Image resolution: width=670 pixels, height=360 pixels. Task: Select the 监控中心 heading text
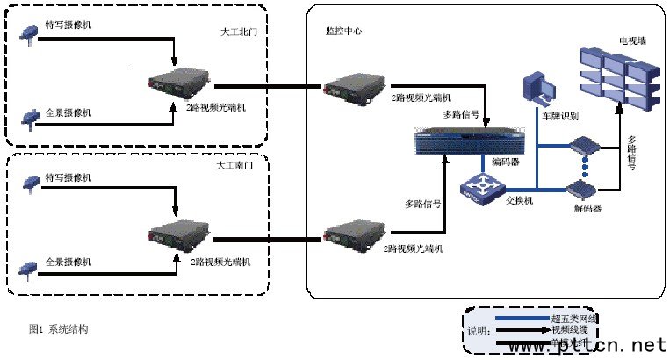pos(343,31)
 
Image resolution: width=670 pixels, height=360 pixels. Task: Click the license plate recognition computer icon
pos(538,91)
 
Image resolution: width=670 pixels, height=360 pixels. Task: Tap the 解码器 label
pos(587,208)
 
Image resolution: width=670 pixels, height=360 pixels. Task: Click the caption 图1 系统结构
pos(58,329)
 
